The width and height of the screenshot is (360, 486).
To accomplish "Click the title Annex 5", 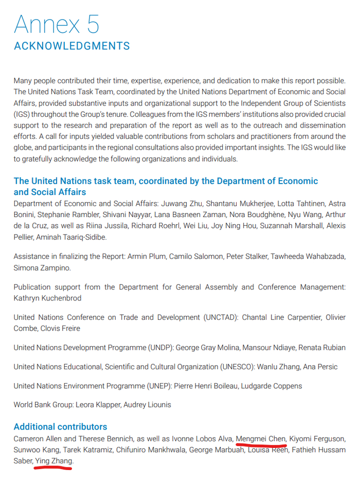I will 57,24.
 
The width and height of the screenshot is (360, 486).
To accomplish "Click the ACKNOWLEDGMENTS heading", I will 72,46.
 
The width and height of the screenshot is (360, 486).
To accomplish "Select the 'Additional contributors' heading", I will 60,427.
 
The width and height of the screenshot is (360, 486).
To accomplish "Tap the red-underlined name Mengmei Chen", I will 261,439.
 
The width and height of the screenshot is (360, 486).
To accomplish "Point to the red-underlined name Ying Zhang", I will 53,461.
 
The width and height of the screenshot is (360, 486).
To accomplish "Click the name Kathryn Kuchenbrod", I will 48,298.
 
